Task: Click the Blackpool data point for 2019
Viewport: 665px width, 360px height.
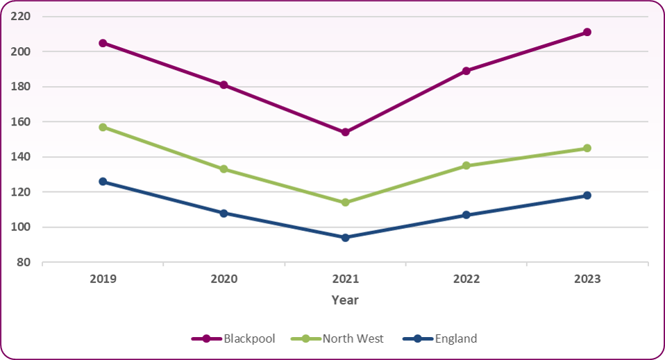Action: click(103, 43)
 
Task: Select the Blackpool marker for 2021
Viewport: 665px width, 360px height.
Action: click(345, 132)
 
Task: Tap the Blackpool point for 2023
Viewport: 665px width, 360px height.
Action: click(587, 32)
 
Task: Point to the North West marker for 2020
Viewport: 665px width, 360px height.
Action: click(224, 169)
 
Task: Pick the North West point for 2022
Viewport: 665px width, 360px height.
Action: click(466, 165)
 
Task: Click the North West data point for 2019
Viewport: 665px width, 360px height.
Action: click(103, 127)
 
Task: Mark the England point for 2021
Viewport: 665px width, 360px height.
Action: click(345, 237)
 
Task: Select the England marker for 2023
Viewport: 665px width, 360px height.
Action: click(587, 196)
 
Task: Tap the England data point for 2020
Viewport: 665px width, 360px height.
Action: click(224, 213)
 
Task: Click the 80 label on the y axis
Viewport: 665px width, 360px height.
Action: click(25, 262)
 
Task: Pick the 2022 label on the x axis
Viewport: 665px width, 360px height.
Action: click(466, 279)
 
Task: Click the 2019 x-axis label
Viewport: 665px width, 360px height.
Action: click(103, 279)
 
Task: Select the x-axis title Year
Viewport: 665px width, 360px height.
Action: click(345, 300)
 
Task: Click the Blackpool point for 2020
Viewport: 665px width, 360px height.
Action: click(224, 85)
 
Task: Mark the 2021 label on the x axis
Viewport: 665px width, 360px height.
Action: click(345, 279)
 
